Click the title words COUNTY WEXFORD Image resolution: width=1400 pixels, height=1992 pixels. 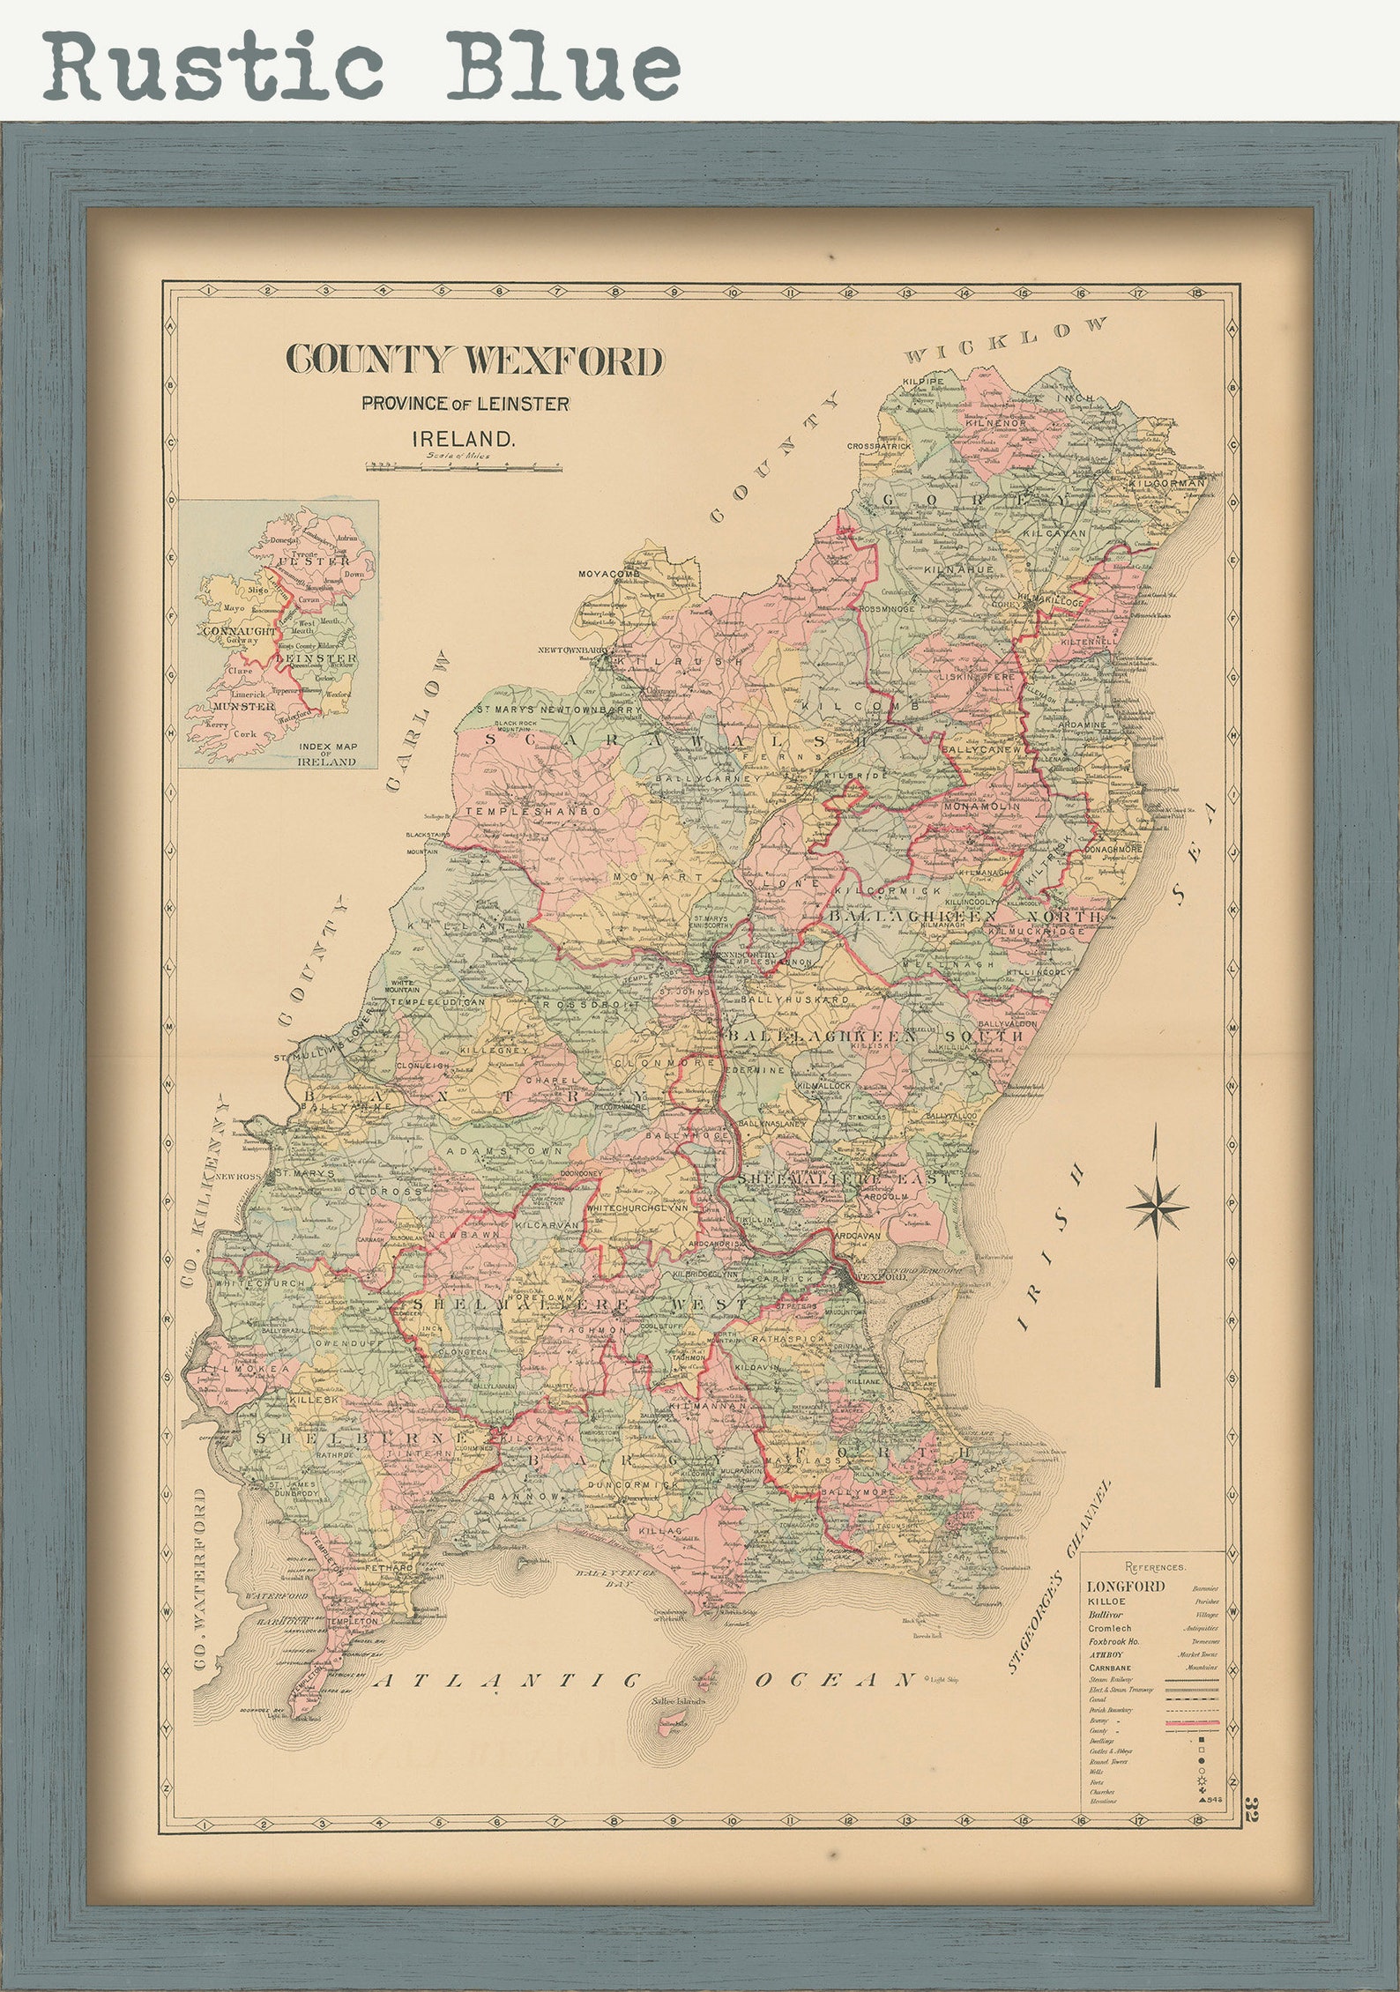pyautogui.click(x=474, y=360)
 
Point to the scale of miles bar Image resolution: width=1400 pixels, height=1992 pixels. pyautogui.click(x=464, y=466)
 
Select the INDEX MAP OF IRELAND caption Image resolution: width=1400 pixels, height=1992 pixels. pyautogui.click(x=327, y=754)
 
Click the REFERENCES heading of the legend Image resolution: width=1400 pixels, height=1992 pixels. pyautogui.click(x=1155, y=1567)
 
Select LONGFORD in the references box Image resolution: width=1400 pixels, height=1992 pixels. pyautogui.click(x=1126, y=1587)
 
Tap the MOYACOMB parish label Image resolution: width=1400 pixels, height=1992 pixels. pyautogui.click(x=607, y=574)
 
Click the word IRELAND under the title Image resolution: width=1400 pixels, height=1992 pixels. pyautogui.click(x=464, y=438)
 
